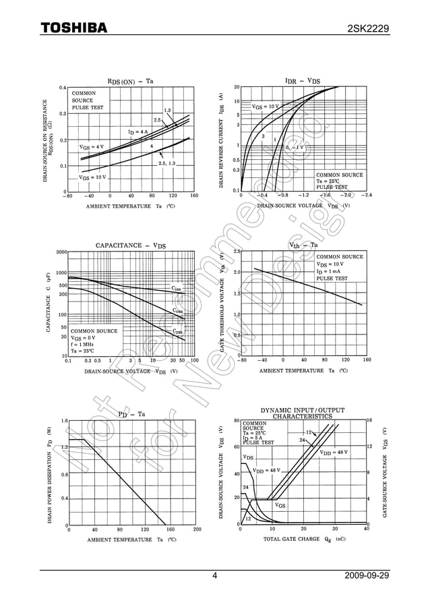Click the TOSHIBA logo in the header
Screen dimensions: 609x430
pyautogui.click(x=73, y=28)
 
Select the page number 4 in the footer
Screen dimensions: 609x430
pyautogui.click(x=214, y=576)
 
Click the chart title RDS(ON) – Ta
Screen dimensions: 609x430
pyautogui.click(x=130, y=81)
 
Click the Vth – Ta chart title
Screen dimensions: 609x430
pyautogui.click(x=303, y=245)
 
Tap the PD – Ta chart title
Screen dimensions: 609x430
pyautogui.click(x=131, y=414)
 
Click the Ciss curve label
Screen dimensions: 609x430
pyautogui.click(x=176, y=289)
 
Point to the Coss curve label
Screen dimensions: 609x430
pyautogui.click(x=177, y=311)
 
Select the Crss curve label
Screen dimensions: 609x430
pyautogui.click(x=177, y=331)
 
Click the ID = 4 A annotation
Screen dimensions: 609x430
pyautogui.click(x=137, y=132)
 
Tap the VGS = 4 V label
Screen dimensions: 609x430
pyautogui.click(x=92, y=146)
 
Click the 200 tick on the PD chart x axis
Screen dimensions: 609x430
pyautogui.click(x=197, y=529)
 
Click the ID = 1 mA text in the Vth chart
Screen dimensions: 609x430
pyautogui.click(x=332, y=271)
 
